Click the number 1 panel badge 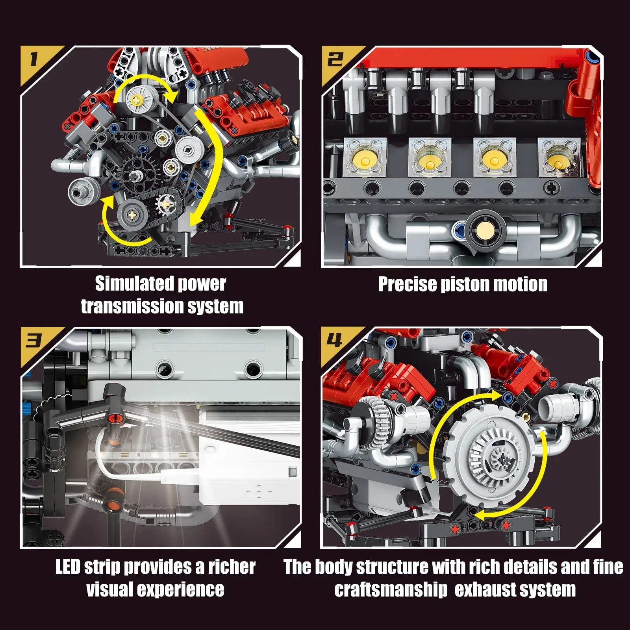(34, 60)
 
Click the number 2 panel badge (335, 60)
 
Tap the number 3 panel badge (34, 341)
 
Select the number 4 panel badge (335, 341)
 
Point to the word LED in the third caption (68, 567)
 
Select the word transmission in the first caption (126, 306)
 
